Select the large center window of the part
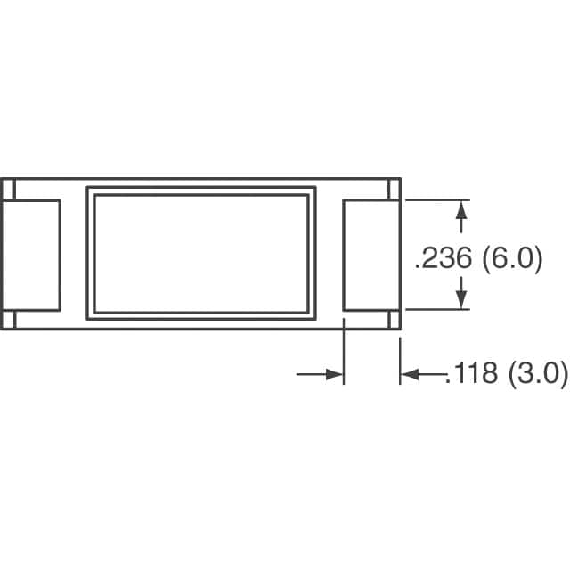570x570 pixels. (201, 253)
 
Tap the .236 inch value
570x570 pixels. (444, 260)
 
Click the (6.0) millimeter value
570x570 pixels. (511, 260)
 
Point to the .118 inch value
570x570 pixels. (472, 375)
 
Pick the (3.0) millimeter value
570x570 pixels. (537, 375)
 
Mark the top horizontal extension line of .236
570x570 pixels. (436, 200)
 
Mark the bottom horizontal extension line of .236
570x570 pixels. (436, 310)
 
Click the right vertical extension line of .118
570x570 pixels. (400, 356)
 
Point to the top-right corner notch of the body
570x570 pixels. (395, 190)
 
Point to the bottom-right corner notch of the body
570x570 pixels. (395, 321)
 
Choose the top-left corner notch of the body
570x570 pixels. (8, 190)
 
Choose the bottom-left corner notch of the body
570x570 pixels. (8, 321)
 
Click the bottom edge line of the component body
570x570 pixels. (201, 330)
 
